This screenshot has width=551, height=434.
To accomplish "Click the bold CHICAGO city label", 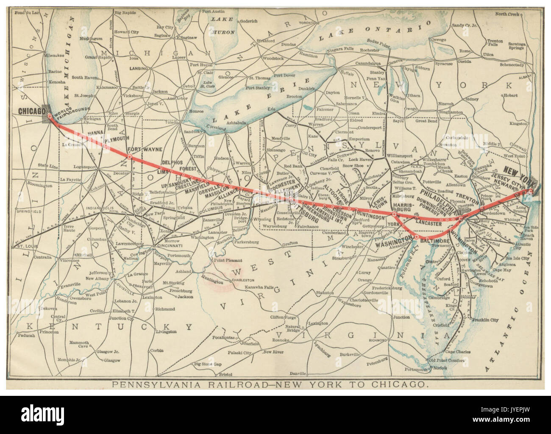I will pos(32,111).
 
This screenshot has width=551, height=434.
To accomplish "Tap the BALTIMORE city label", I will pos(432,241).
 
